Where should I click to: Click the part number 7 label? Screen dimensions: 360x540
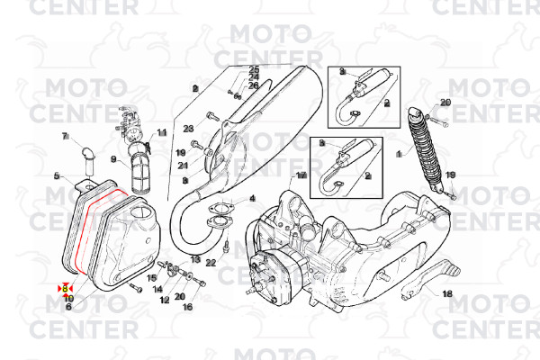(65, 136)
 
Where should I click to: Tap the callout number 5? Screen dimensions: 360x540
(56, 175)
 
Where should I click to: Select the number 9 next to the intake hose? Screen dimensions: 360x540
(113, 160)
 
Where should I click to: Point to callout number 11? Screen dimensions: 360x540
(162, 133)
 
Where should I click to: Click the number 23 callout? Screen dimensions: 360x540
(189, 129)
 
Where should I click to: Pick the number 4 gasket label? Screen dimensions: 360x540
(252, 198)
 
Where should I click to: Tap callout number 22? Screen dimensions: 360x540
(211, 263)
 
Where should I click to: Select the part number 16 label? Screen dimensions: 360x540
(187, 307)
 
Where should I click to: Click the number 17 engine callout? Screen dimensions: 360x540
(301, 175)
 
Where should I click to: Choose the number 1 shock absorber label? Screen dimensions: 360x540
(399, 154)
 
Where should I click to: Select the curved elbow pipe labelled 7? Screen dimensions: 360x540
(86, 157)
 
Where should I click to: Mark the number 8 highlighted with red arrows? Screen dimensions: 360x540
(65, 288)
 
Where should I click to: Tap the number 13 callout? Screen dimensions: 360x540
(194, 259)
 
